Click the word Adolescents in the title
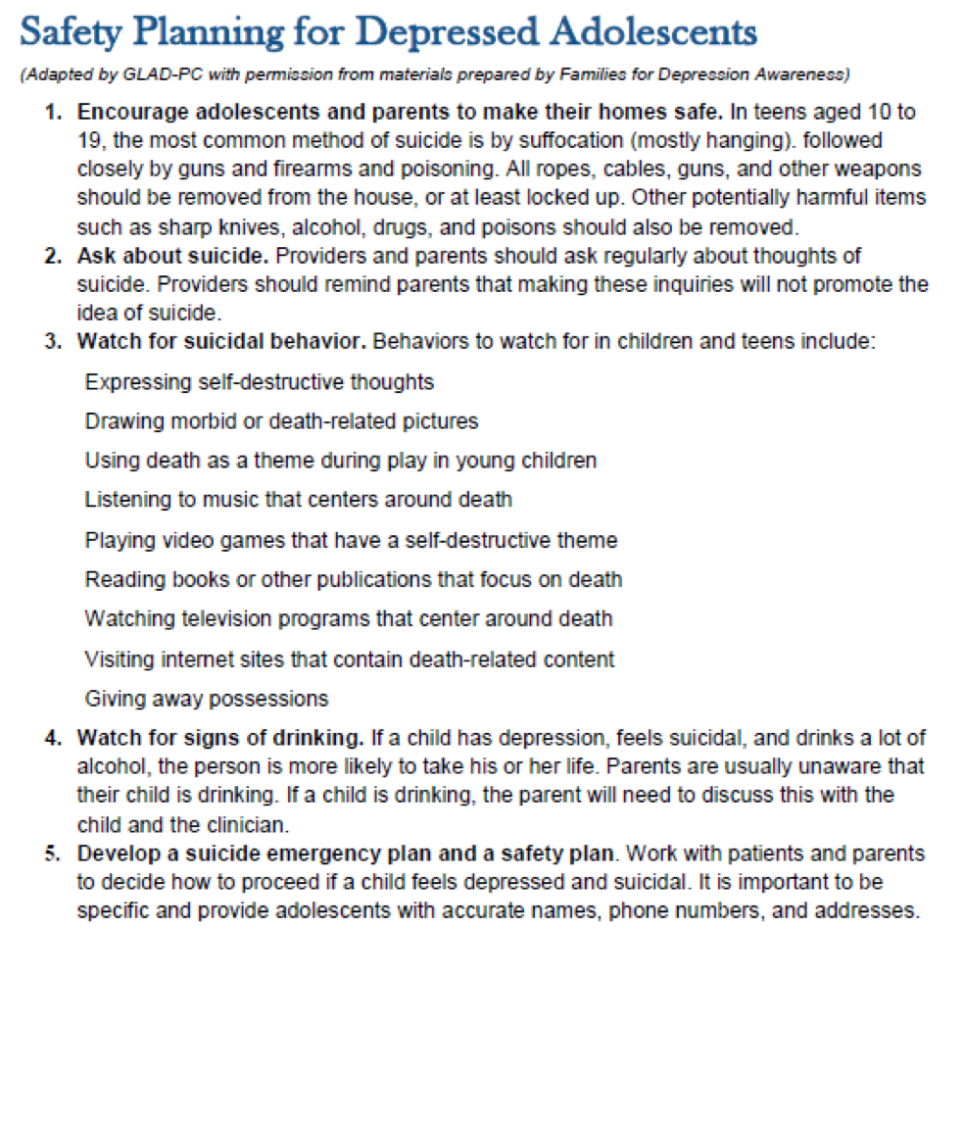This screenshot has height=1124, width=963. [653, 33]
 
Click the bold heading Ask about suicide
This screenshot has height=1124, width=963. [173, 257]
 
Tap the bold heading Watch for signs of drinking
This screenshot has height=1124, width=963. [220, 737]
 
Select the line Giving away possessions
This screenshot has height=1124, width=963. [206, 699]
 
